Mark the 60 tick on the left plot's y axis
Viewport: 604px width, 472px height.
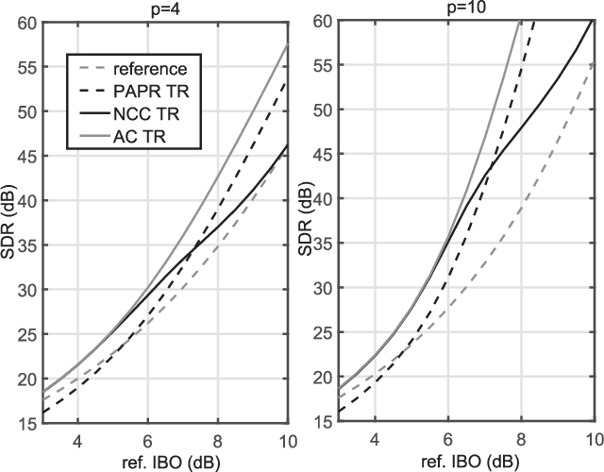(25, 22)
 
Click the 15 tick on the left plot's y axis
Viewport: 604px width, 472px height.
(25, 423)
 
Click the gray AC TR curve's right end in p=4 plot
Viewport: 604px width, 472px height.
(288, 43)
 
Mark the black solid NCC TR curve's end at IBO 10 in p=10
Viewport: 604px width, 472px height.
(592, 22)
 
